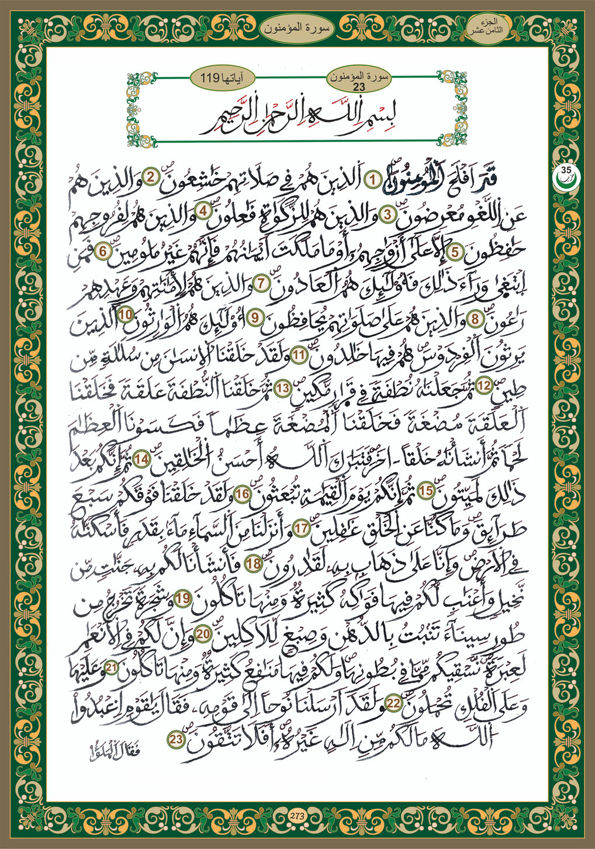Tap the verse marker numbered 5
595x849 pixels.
click(455, 250)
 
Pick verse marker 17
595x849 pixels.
click(302, 528)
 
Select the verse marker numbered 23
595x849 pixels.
click(176, 740)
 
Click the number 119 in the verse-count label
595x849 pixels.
click(209, 76)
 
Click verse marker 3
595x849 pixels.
click(387, 214)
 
